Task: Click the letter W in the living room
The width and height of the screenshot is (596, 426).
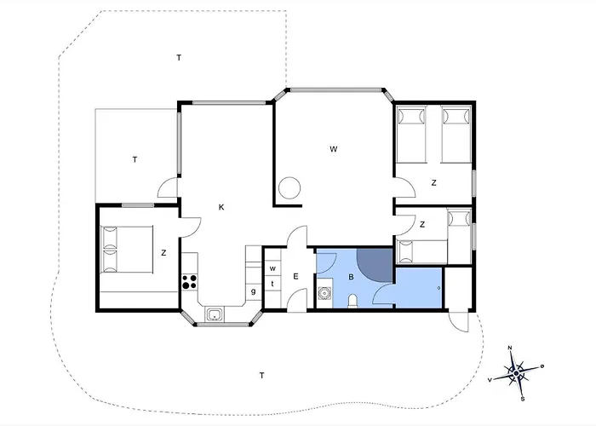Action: click(334, 149)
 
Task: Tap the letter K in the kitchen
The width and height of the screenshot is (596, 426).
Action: click(221, 207)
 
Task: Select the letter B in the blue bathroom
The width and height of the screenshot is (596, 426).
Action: click(351, 277)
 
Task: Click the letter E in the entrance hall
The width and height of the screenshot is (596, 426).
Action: click(295, 277)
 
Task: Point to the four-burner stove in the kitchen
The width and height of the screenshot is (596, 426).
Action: click(189, 282)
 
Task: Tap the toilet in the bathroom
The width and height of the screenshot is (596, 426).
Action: click(352, 301)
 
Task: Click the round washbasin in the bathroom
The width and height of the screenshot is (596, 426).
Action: click(325, 293)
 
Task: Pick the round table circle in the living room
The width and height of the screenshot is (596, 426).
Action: click(289, 188)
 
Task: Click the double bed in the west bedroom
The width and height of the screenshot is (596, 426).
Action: click(127, 250)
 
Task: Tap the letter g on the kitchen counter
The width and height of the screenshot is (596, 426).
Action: click(253, 291)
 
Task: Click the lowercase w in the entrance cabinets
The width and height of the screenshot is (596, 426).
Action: click(272, 268)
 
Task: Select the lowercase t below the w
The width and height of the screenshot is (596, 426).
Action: click(272, 284)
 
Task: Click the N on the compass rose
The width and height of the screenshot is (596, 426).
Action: click(510, 348)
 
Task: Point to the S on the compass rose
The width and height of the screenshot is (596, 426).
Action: click(523, 399)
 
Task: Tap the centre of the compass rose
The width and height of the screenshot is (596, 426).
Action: click(516, 373)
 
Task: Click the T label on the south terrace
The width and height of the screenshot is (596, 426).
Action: click(261, 376)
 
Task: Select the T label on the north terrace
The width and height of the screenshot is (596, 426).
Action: click(179, 58)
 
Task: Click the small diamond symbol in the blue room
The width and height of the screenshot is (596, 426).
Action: click(439, 288)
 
